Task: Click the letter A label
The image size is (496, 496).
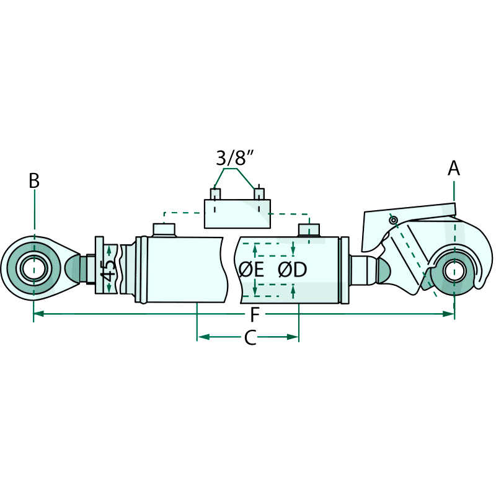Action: pyautogui.click(x=454, y=167)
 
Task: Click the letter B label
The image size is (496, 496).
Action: pyautogui.click(x=34, y=181)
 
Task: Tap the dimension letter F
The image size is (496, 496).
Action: pyautogui.click(x=255, y=316)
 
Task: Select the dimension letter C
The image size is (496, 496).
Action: pyautogui.click(x=249, y=338)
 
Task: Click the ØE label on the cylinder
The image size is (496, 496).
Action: pyautogui.click(x=251, y=270)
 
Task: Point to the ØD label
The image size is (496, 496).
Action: pyautogui.click(x=293, y=270)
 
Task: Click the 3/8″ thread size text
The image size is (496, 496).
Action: pyautogui.click(x=236, y=157)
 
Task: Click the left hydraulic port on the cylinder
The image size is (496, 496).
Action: pyautogui.click(x=164, y=229)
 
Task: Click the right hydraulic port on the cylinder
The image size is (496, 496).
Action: pyautogui.click(x=309, y=231)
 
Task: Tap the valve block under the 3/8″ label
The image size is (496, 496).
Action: pyautogui.click(x=237, y=214)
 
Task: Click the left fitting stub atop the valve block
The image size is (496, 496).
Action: pyautogui.click(x=215, y=194)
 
